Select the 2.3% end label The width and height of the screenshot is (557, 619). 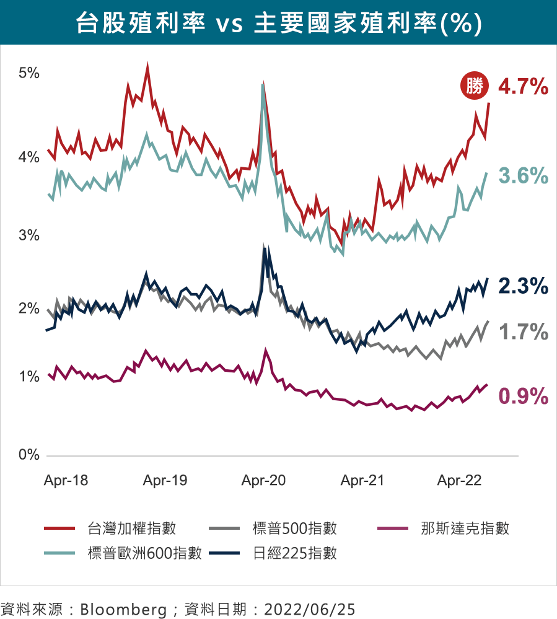[523, 286]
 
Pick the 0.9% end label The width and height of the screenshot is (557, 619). [523, 395]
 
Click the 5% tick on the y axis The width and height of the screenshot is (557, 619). [29, 73]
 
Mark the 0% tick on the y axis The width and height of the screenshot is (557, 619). [29, 455]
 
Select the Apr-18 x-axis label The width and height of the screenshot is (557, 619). [66, 480]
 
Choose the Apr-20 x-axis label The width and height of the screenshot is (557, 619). [263, 480]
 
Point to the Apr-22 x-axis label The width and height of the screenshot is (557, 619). [459, 480]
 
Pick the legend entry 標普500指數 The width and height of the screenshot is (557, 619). [295, 528]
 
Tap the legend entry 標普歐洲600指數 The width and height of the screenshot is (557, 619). [144, 553]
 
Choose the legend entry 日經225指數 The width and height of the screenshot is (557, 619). [295, 553]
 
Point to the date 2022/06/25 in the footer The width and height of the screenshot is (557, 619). [310, 608]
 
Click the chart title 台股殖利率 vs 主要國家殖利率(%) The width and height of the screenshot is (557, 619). [278, 24]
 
